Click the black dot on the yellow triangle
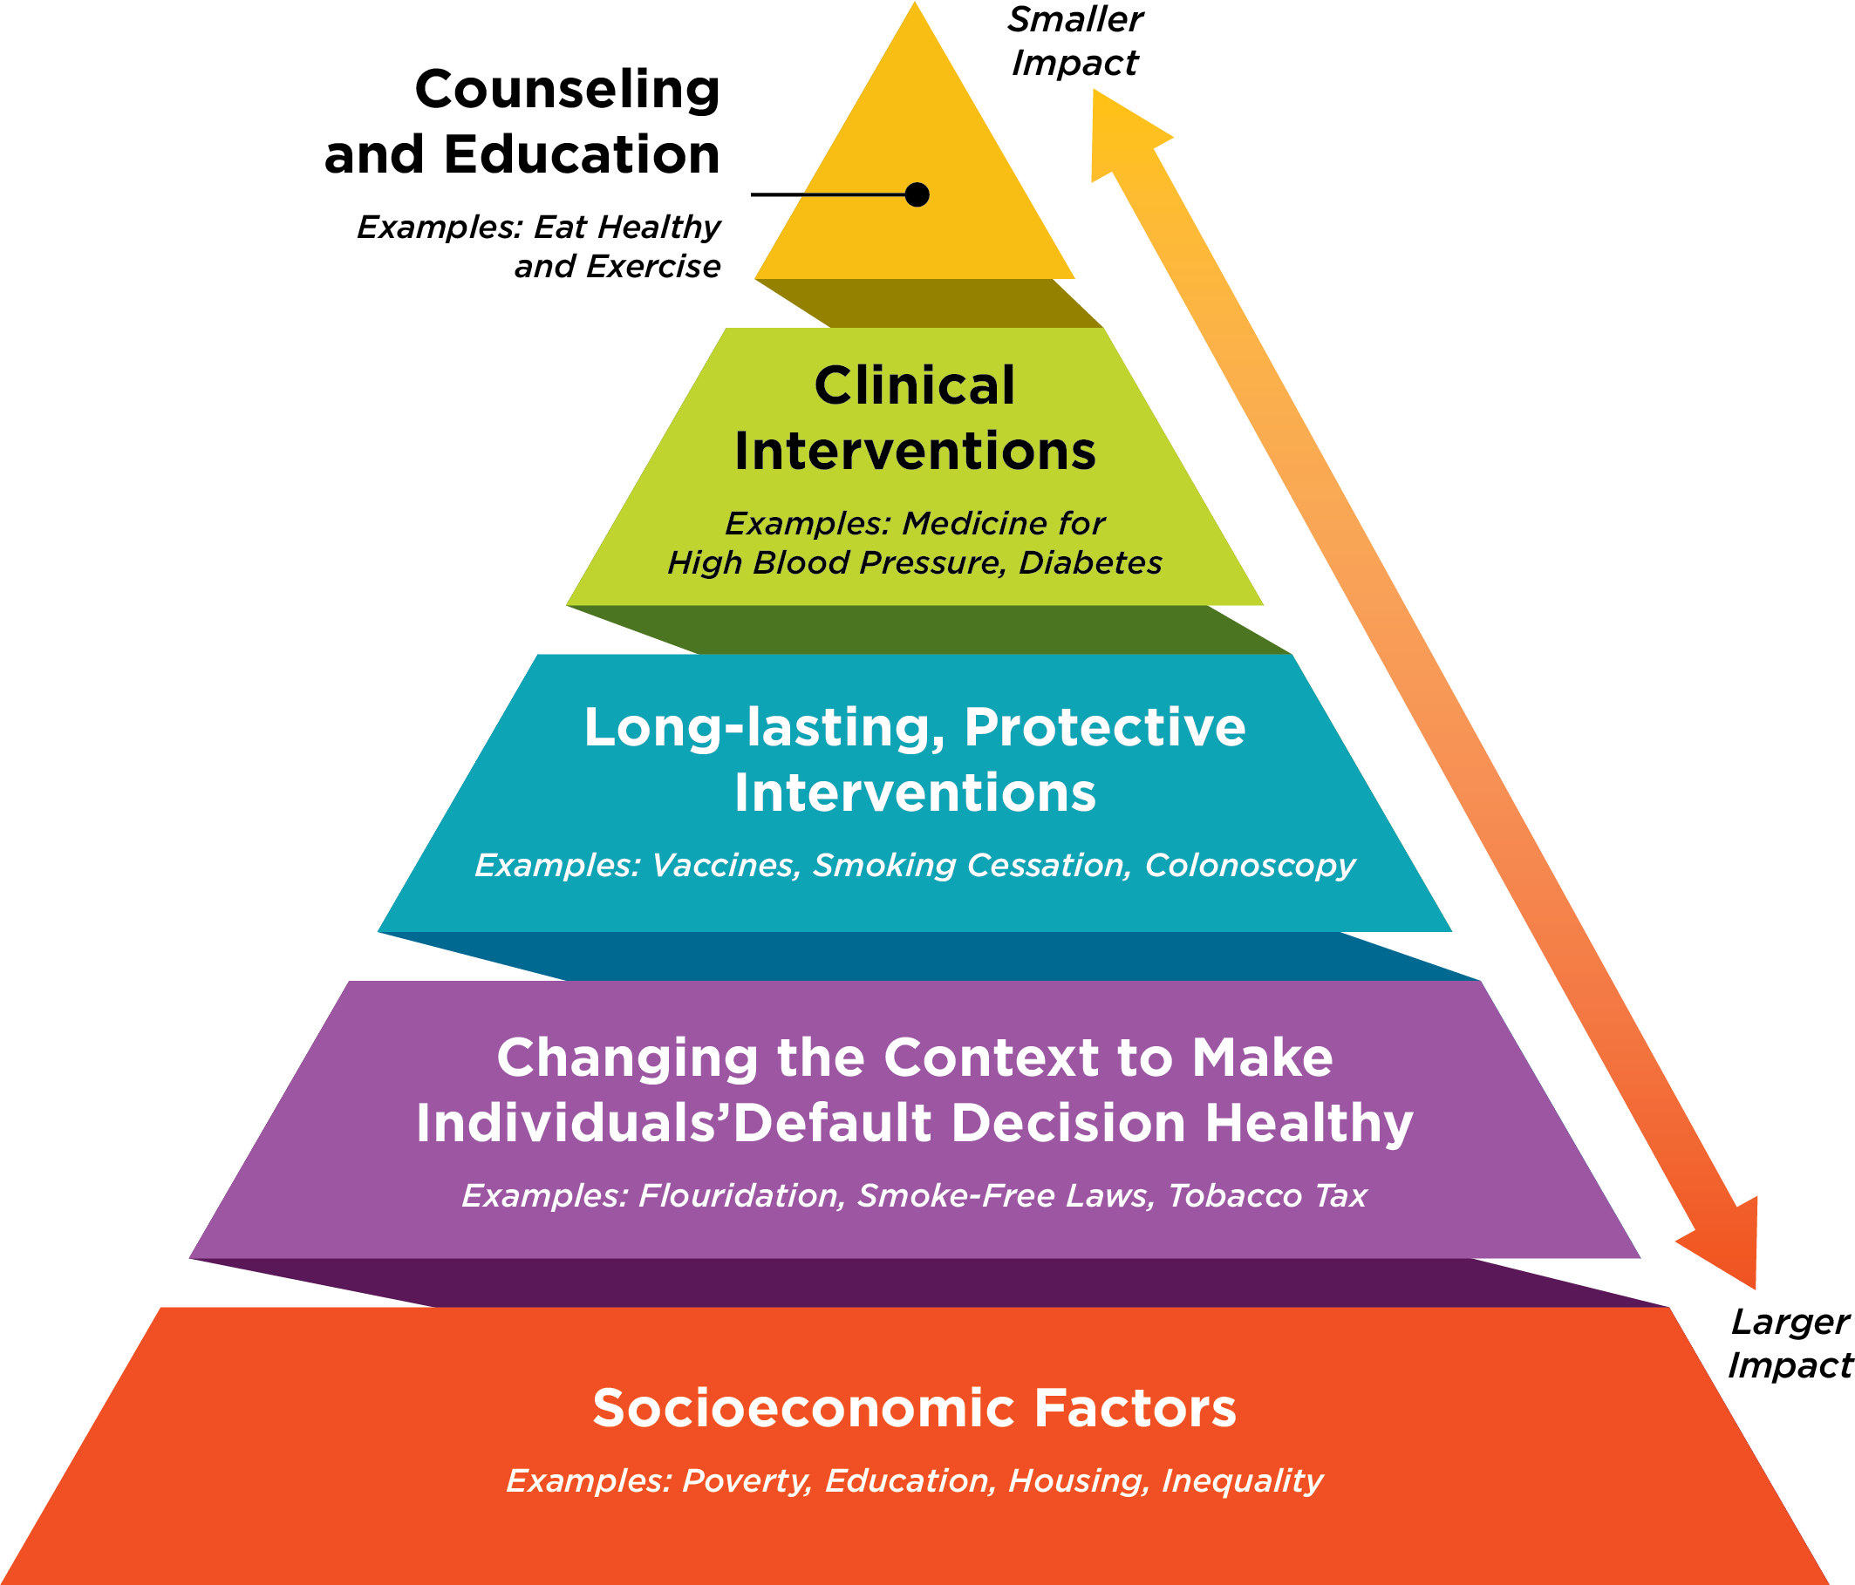tap(917, 194)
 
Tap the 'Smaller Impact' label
tap(1074, 41)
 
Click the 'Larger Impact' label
tap(1789, 1344)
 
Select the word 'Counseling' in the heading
tap(567, 91)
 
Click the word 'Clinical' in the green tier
tap(914, 385)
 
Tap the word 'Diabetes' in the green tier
tap(1089, 563)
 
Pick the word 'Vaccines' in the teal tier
tap(722, 866)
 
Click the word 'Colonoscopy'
tap(1250, 866)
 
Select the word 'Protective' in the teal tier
tap(1104, 727)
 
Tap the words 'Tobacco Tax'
tap(1268, 1195)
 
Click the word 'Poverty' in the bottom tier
tap(746, 1481)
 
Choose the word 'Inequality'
tap(1242, 1481)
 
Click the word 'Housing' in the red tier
tap(1077, 1481)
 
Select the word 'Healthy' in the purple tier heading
tap(1308, 1123)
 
